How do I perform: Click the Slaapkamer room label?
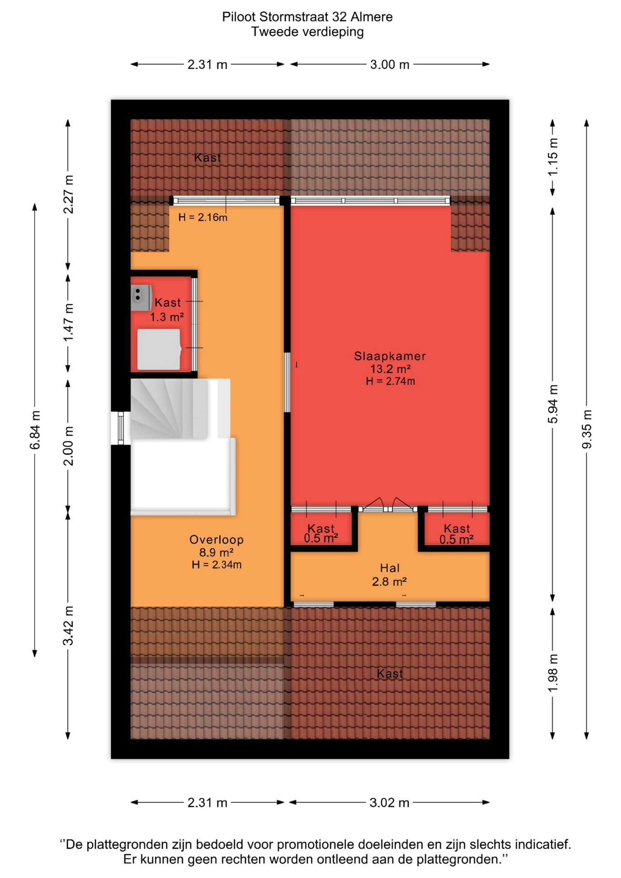click(390, 356)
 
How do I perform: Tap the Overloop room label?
click(217, 540)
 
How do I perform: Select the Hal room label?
click(390, 568)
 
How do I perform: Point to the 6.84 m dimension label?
click(35, 430)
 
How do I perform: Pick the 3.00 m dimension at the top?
click(390, 64)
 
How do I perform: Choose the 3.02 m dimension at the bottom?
click(389, 803)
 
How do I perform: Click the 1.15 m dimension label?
click(553, 157)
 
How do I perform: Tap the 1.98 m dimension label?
click(553, 673)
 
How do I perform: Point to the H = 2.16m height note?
click(203, 218)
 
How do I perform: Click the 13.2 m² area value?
click(390, 369)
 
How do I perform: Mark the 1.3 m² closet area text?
click(167, 316)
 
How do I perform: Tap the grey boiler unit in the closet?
click(141, 298)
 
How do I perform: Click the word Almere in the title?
click(371, 17)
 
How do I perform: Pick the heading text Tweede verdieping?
click(307, 32)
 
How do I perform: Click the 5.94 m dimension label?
click(553, 404)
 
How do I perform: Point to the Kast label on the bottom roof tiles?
click(390, 673)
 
